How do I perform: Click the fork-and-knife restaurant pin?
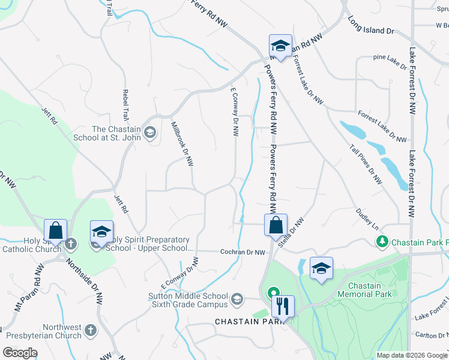point(282,306)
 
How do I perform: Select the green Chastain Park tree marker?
point(382,241)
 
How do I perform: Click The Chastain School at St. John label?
point(116,133)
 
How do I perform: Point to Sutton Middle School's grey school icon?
point(238,298)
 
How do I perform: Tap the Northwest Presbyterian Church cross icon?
point(90,331)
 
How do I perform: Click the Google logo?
point(20,353)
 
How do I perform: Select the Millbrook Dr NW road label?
point(182,143)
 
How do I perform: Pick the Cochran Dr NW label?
point(243,253)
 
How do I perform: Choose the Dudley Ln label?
point(367,220)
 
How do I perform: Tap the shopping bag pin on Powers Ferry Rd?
point(276,226)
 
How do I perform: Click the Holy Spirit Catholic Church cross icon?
point(71,243)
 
